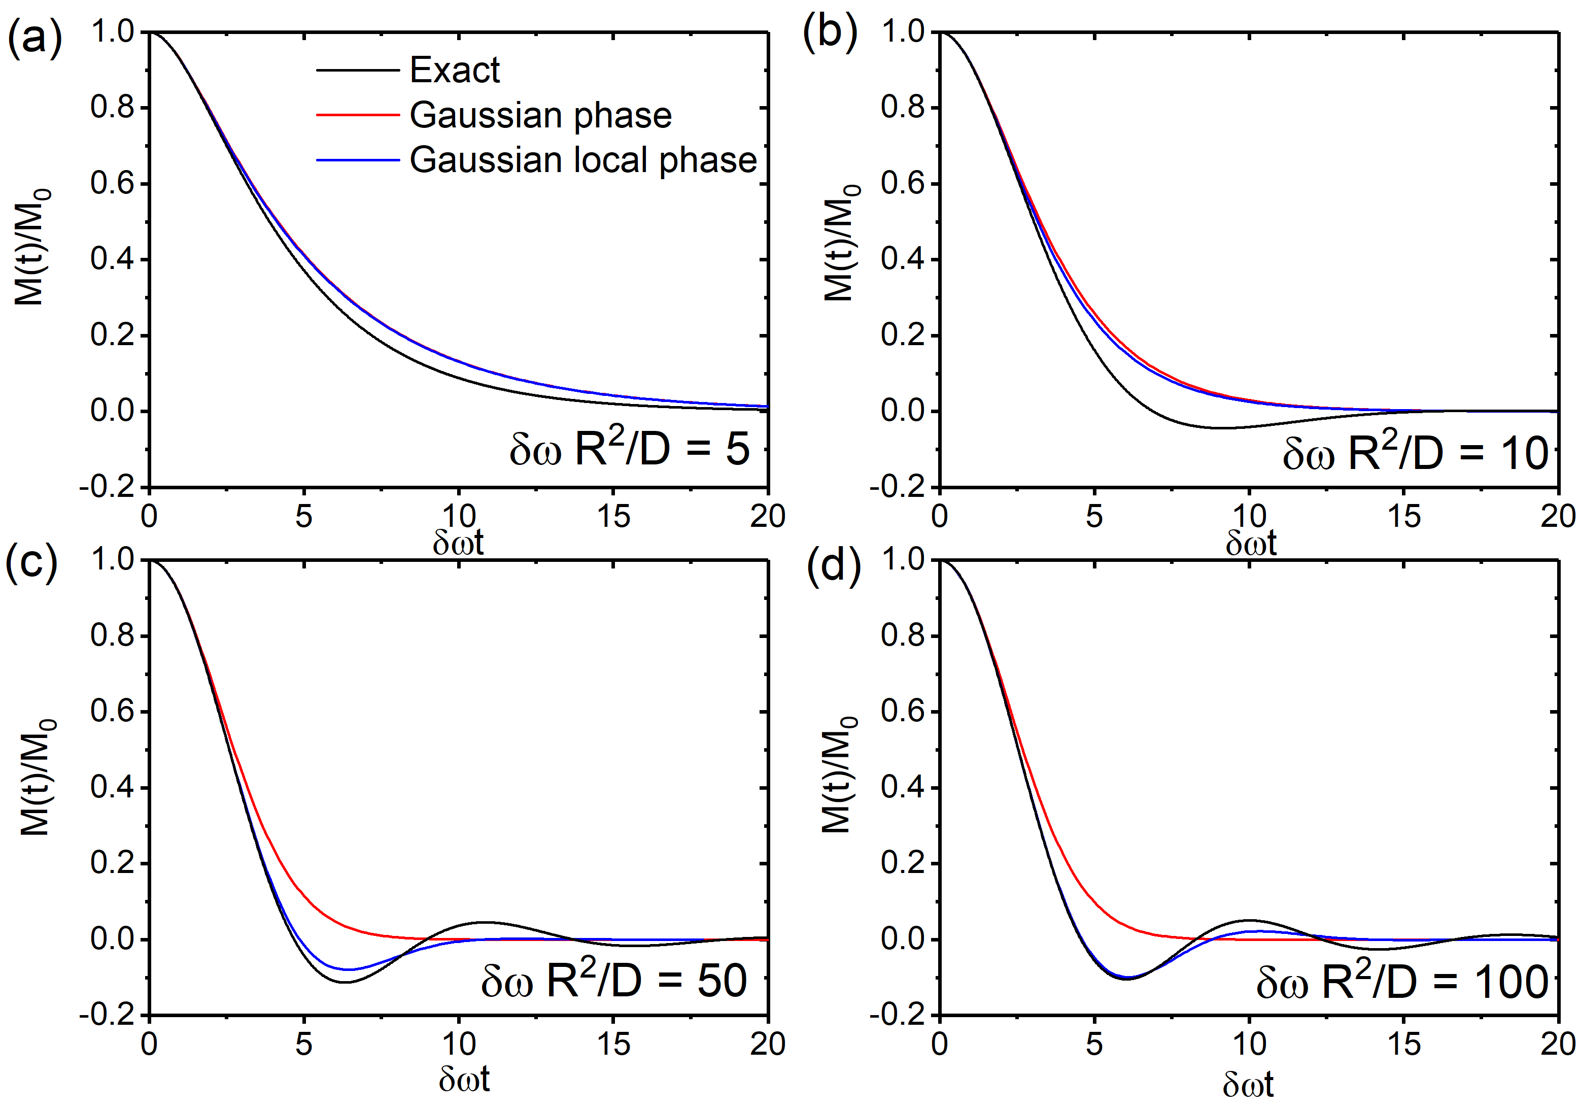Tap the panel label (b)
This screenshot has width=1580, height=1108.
[829, 33]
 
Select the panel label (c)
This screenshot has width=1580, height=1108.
[31, 563]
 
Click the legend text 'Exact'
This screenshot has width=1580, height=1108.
[454, 70]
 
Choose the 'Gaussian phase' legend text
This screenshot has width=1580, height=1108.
[540, 115]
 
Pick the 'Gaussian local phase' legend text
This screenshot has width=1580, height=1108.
[583, 160]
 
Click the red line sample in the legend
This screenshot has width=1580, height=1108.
[357, 115]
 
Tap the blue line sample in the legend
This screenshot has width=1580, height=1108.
[357, 160]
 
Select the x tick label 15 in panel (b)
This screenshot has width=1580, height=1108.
[1404, 516]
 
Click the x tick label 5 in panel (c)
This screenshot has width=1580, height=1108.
[303, 1045]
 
